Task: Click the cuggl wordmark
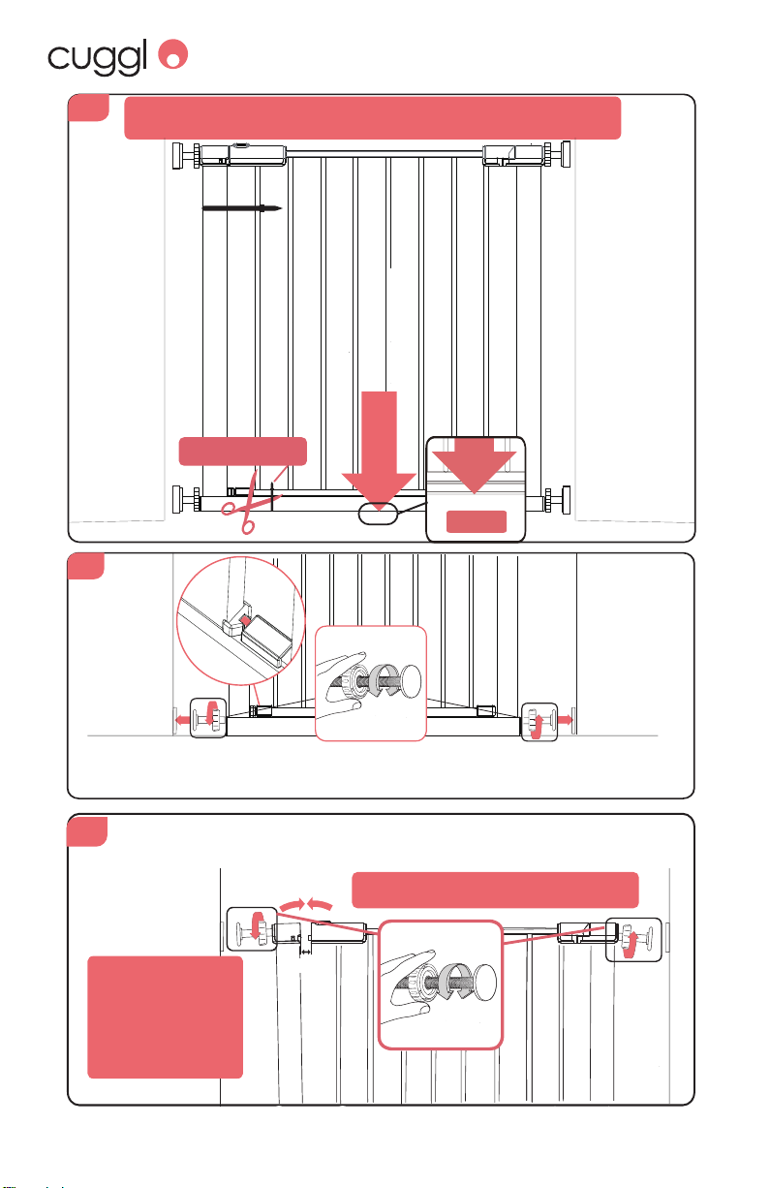tap(98, 58)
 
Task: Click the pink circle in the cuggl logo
tap(173, 53)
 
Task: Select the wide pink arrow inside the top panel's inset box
tap(474, 466)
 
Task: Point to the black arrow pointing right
tap(241, 208)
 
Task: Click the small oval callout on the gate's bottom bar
tap(378, 514)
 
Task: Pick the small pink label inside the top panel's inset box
tap(477, 521)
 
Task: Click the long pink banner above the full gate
tap(373, 118)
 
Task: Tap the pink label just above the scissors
tap(243, 452)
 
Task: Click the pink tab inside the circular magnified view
tap(245, 619)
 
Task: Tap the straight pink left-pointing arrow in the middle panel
tap(183, 720)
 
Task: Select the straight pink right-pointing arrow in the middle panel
tap(565, 720)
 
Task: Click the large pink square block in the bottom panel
tap(165, 1017)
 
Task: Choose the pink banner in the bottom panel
tap(495, 890)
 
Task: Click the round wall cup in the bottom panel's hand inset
tap(484, 981)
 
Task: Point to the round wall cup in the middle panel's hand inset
tap(409, 680)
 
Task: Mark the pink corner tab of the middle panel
tap(85, 566)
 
